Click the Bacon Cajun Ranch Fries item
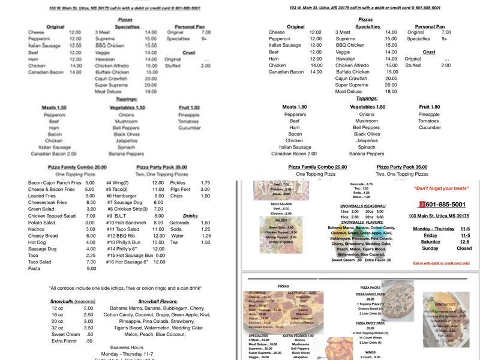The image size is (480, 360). [55, 182]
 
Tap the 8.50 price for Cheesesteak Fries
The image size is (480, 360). [90, 202]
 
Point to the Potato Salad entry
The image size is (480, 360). [43, 222]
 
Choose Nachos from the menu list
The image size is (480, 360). [37, 229]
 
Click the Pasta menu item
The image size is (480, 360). [35, 268]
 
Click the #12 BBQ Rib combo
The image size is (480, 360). [122, 235]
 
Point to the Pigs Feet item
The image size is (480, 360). [181, 189]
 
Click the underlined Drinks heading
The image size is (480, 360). [190, 215]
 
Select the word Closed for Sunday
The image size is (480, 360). [464, 248]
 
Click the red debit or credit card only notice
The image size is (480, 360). [441, 263]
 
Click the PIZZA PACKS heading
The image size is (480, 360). [370, 287]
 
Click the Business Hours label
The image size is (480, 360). [127, 347]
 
